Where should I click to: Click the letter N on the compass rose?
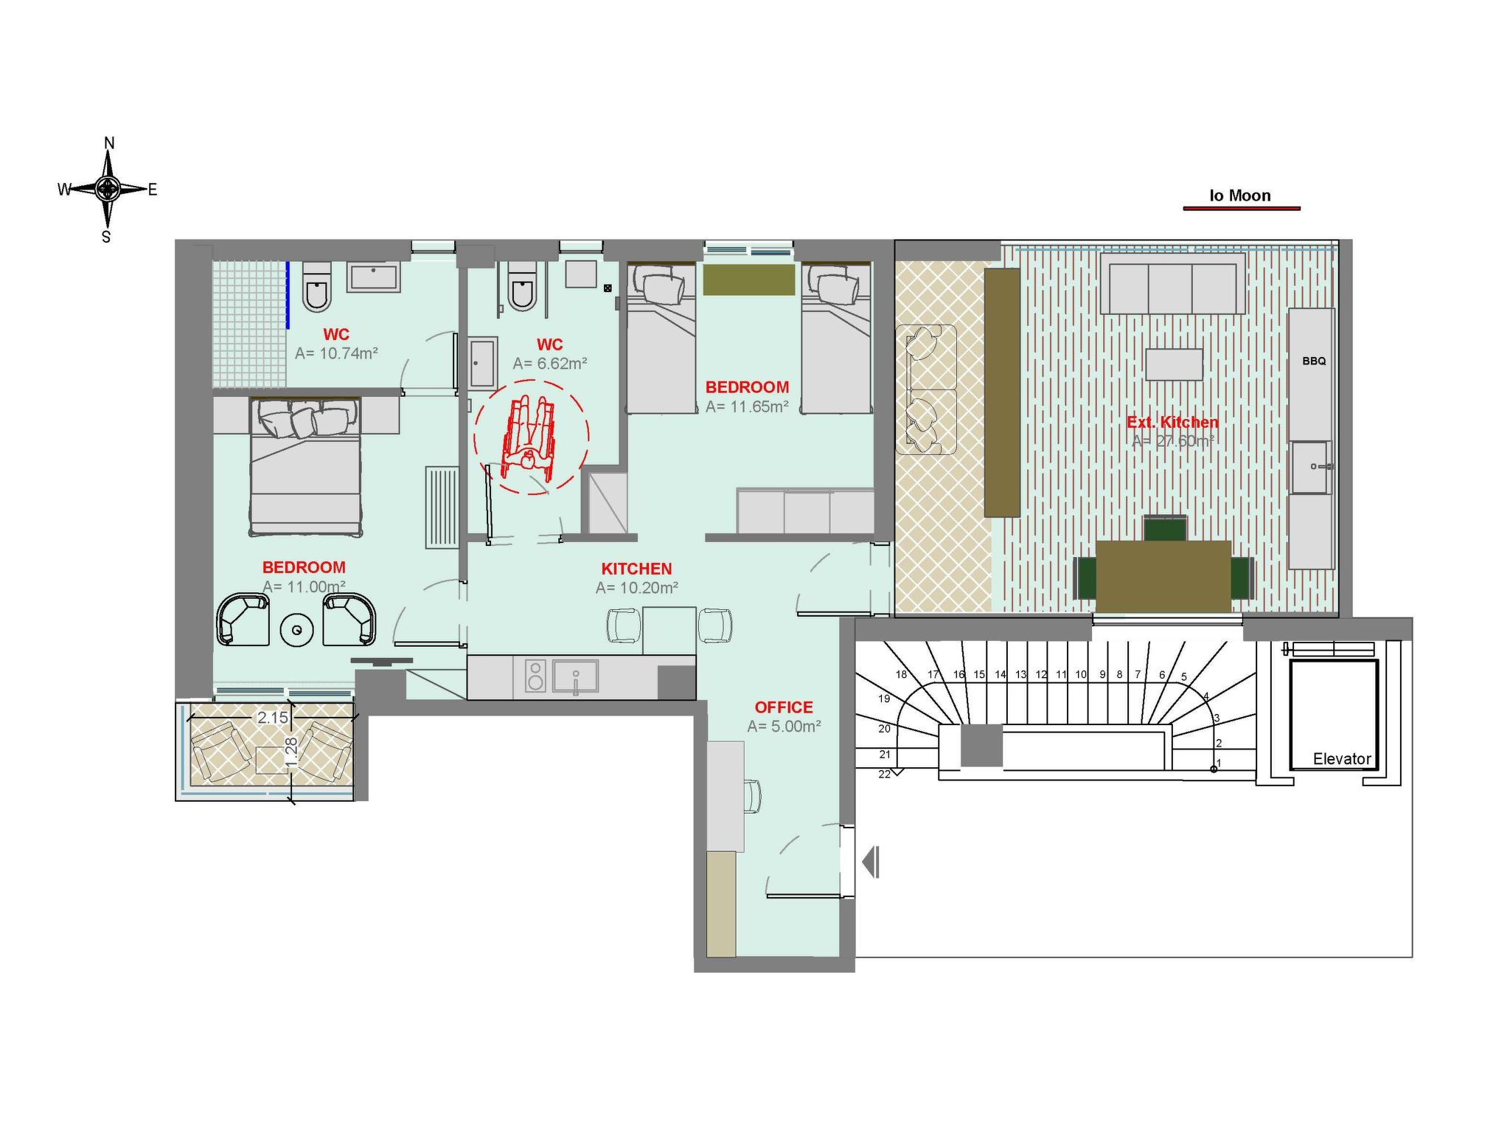click(109, 143)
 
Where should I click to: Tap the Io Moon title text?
click(1240, 195)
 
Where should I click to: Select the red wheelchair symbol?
click(529, 435)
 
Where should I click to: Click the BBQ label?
click(1314, 361)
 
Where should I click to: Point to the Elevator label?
click(1342, 759)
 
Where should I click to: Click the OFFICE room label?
click(784, 707)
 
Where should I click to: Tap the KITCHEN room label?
click(637, 569)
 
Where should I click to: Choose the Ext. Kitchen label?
click(1173, 422)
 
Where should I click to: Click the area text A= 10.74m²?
click(337, 353)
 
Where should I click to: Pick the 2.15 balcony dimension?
click(272, 718)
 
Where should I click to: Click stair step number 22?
click(885, 774)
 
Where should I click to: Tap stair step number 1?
click(1219, 763)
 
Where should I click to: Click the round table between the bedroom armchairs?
click(297, 630)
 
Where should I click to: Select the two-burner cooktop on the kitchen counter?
click(536, 676)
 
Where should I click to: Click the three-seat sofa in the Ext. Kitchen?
click(1172, 284)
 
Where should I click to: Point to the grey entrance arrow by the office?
click(871, 862)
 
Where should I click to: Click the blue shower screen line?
click(288, 295)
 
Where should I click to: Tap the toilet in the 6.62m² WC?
click(522, 285)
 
